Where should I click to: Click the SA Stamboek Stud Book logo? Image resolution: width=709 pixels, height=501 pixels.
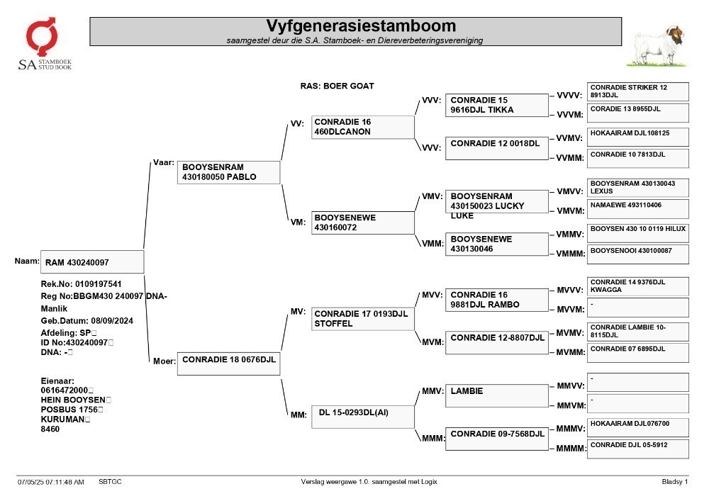[44, 43]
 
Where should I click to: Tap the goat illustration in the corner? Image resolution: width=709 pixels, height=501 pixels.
[658, 46]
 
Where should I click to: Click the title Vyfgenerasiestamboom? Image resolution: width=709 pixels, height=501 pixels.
[361, 26]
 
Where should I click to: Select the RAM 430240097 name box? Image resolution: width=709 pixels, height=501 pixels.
[92, 262]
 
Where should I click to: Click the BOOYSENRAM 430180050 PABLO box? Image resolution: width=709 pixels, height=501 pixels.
[229, 172]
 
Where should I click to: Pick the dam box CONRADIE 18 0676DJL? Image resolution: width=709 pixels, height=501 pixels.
[229, 364]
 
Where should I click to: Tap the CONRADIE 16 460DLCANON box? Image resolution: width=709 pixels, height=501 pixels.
[362, 127]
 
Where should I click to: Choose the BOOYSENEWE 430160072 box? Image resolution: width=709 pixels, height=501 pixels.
[362, 223]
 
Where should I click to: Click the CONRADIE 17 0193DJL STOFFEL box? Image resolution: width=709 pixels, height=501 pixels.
[362, 319]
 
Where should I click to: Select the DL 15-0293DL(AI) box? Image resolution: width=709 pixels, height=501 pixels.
[362, 417]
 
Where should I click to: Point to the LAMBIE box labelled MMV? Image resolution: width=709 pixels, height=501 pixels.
[497, 395]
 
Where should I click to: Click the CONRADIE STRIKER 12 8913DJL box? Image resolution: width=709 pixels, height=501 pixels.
[638, 91]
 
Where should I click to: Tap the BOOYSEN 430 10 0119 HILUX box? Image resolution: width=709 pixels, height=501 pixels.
[638, 233]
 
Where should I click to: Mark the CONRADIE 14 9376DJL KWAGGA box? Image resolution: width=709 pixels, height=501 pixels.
[638, 286]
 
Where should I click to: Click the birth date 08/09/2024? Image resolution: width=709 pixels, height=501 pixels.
[112, 321]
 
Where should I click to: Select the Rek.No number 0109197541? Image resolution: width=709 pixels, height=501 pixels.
[98, 284]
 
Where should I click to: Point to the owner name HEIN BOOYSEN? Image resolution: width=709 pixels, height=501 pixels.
[73, 400]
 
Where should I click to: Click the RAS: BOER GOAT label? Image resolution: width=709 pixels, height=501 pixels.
[337, 86]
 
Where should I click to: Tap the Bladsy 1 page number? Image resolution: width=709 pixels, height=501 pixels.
[675, 482]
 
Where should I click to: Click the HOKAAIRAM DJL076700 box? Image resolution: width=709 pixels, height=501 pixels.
[638, 428]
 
